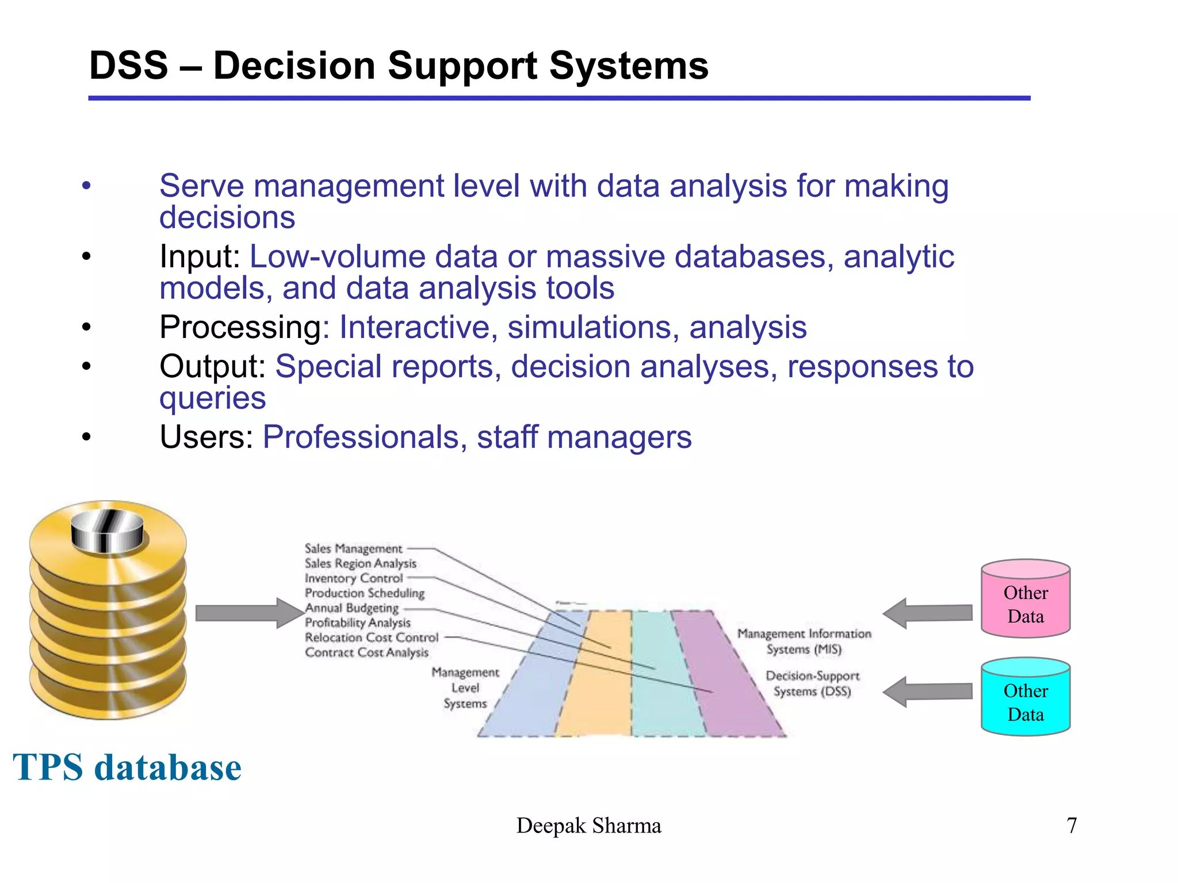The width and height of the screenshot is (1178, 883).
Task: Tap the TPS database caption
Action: (127, 767)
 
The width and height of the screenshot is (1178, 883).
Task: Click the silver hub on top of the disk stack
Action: (107, 531)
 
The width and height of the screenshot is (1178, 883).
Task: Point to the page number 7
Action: (1072, 826)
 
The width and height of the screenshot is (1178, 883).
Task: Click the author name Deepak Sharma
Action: (588, 826)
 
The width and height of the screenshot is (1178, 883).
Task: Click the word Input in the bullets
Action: (199, 256)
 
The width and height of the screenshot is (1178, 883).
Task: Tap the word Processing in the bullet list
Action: (240, 328)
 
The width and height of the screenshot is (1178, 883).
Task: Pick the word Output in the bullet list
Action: (211, 366)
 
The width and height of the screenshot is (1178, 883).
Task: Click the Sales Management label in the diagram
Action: (353, 548)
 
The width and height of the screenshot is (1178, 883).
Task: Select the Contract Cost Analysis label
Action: (366, 652)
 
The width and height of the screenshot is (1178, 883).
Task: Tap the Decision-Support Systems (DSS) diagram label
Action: (812, 684)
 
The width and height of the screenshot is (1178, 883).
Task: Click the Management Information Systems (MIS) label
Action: (804, 641)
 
